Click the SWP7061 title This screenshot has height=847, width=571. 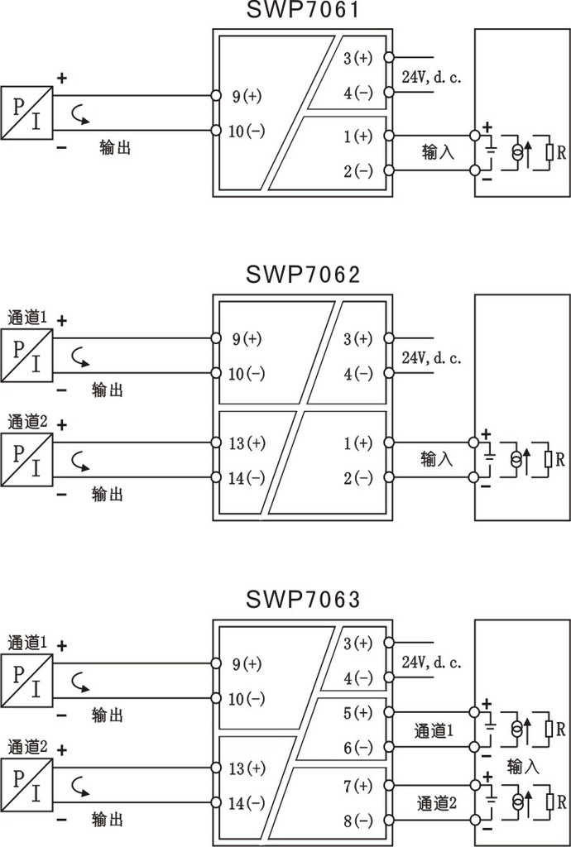point(303,10)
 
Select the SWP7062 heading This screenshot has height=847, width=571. point(303,275)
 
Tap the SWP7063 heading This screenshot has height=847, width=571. point(303,599)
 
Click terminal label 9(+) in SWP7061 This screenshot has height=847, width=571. point(247,96)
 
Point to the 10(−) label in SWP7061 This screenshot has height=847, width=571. point(247,131)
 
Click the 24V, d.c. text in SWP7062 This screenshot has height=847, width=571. point(432,357)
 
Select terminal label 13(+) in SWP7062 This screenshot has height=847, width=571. point(247,443)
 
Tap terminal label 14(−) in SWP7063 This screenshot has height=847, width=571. point(247,802)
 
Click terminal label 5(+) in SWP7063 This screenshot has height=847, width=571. point(358,713)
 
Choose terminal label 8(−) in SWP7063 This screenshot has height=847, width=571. point(358,821)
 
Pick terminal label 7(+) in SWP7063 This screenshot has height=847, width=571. point(358,786)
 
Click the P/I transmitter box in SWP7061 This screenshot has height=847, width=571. point(26,112)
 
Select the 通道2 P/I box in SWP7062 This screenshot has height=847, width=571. point(26,460)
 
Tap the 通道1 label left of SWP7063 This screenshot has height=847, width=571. point(27,643)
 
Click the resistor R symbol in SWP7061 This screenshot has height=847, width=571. point(549,152)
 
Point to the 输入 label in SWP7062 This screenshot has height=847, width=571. point(436,459)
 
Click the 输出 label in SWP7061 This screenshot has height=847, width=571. point(115,147)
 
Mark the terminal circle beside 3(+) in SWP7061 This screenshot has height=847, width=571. point(389,57)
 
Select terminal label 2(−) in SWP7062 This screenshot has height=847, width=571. point(358,478)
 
